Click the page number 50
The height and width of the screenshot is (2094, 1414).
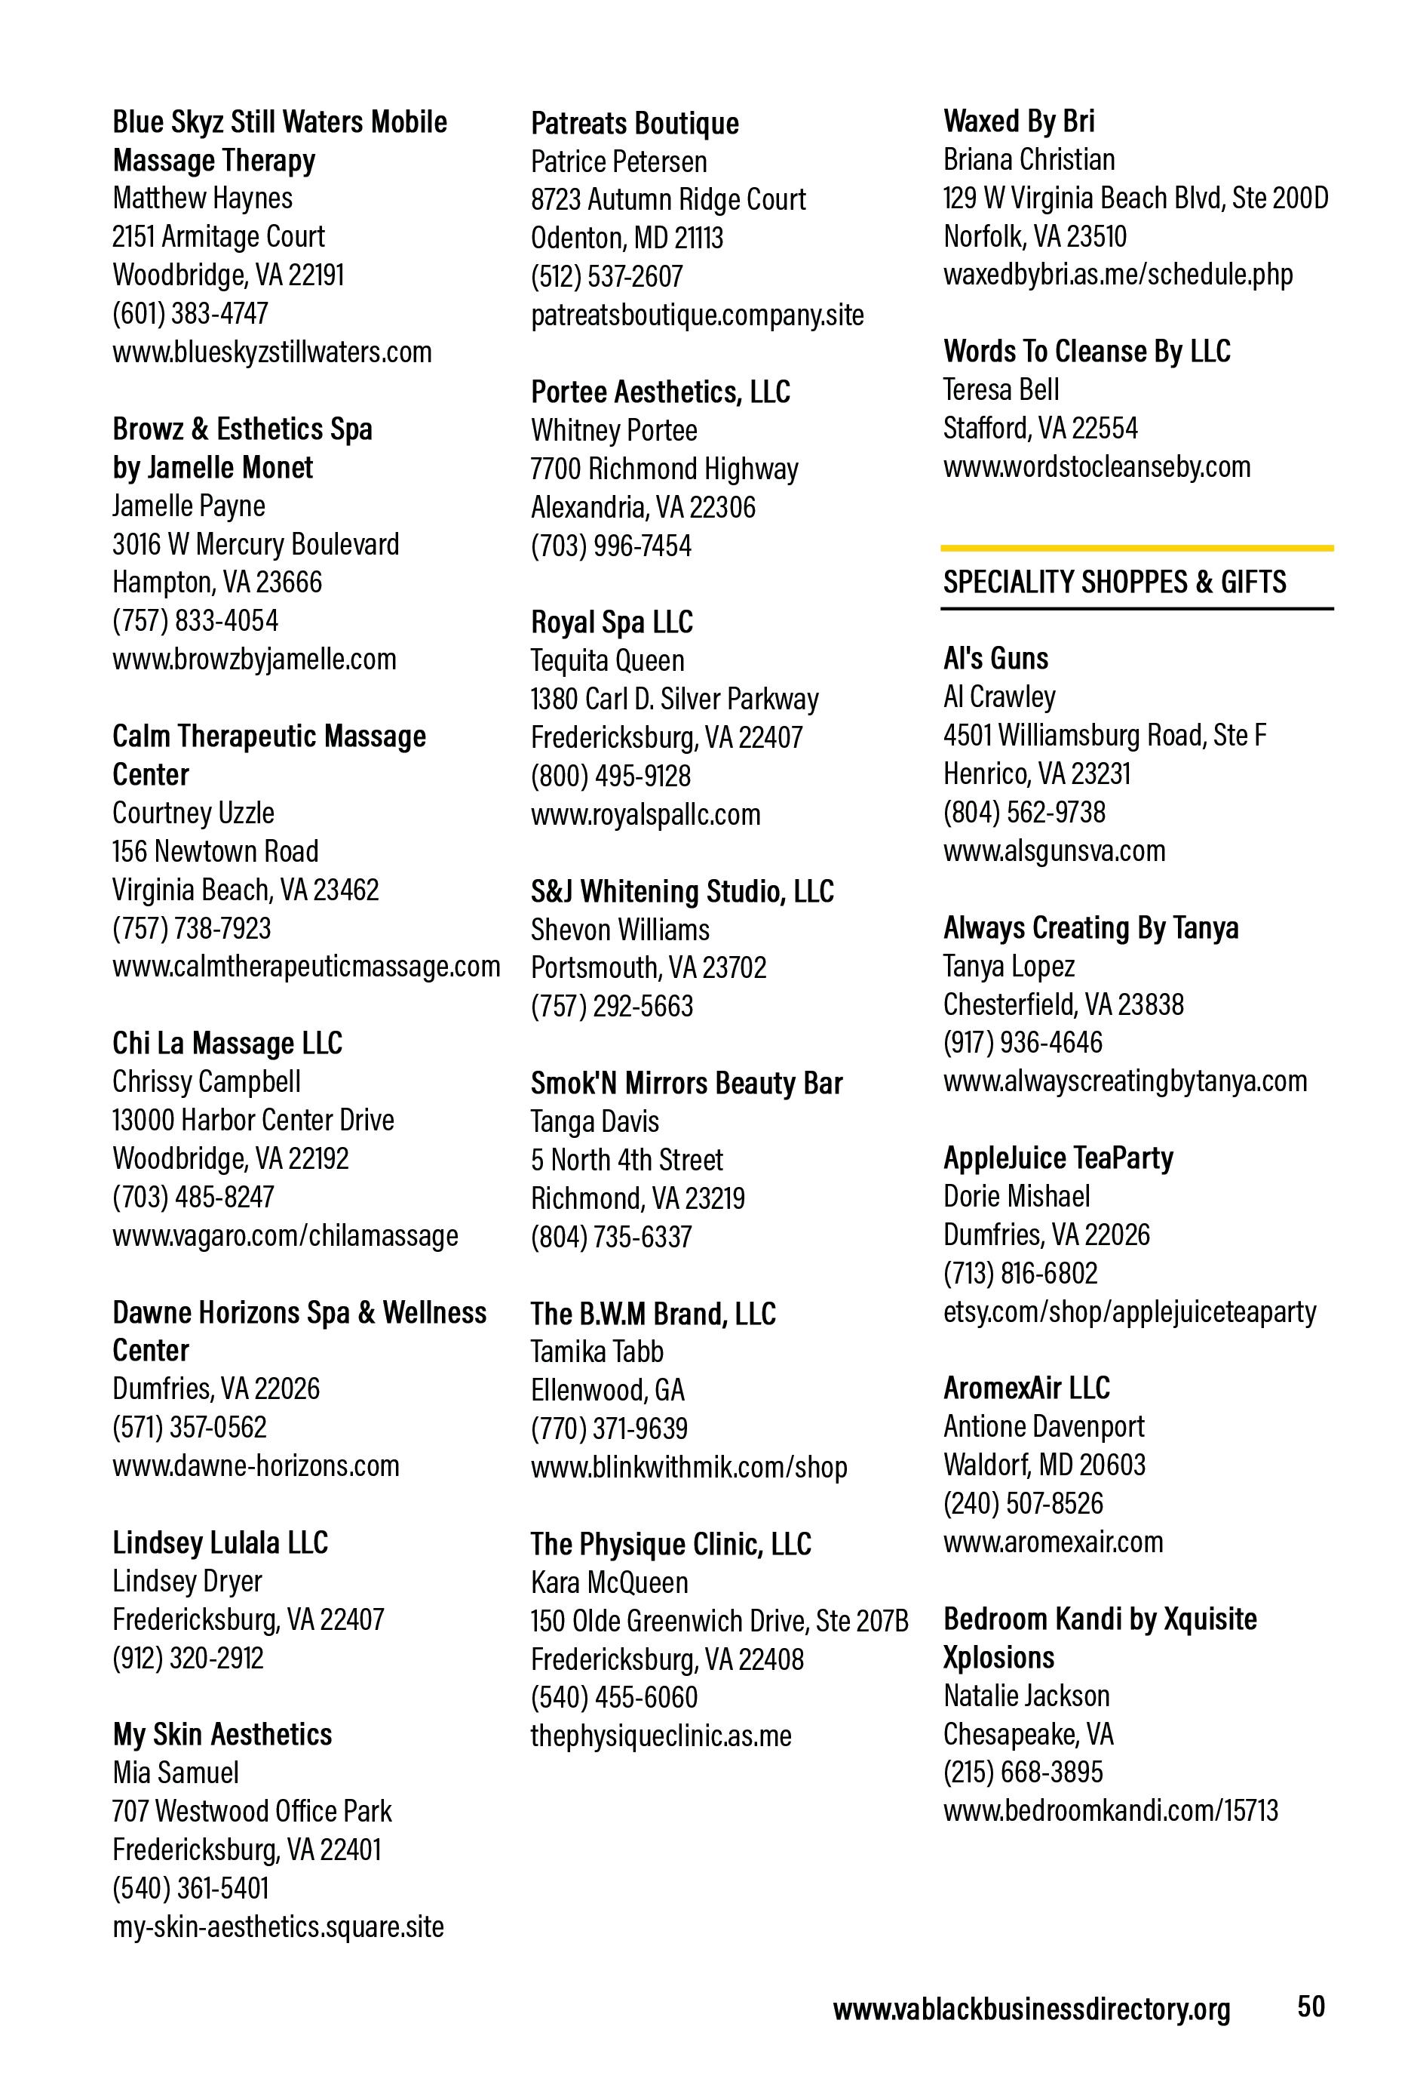(1311, 2006)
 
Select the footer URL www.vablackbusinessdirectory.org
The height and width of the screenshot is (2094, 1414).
(1030, 2009)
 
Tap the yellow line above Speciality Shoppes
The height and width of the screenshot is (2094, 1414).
(1136, 548)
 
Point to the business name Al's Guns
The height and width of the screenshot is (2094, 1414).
(995, 659)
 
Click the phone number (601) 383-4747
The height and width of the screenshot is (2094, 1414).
(190, 312)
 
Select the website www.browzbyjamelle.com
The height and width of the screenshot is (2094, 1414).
(254, 659)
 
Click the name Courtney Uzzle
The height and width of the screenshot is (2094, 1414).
(193, 813)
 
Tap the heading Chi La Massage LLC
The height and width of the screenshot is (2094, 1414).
(227, 1044)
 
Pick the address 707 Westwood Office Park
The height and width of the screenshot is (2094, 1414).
(252, 1811)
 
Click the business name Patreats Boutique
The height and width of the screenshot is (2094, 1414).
(634, 124)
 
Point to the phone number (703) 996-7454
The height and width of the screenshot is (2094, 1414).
(611, 545)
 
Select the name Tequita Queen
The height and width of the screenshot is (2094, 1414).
(607, 660)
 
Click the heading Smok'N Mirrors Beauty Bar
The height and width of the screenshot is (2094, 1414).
(686, 1083)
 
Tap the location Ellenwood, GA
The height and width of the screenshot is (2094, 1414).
(607, 1390)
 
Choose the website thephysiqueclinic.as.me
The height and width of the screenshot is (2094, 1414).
(660, 1736)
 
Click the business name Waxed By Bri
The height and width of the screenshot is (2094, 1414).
(1019, 121)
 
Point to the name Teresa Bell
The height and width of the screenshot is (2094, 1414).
(1001, 389)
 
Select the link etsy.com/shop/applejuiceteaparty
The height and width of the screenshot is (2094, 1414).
(1130, 1311)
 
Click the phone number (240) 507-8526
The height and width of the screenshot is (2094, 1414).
(1023, 1503)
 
